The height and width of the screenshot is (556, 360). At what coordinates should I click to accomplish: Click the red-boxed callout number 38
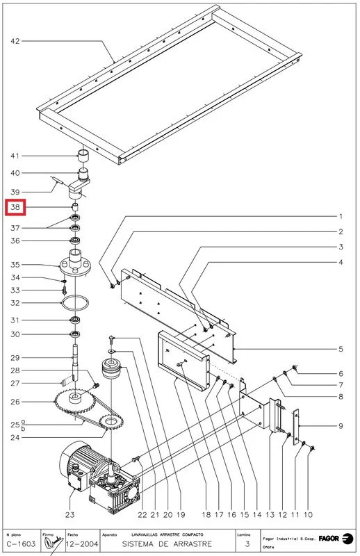pyautogui.click(x=15, y=207)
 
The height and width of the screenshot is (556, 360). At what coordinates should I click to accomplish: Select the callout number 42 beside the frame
pyautogui.click(x=15, y=42)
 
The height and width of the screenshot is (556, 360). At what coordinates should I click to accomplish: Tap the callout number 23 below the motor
pyautogui.click(x=69, y=515)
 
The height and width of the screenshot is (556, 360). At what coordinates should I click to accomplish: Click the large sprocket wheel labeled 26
pyautogui.click(x=74, y=402)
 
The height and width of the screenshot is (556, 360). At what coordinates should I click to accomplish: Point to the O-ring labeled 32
pyautogui.click(x=75, y=303)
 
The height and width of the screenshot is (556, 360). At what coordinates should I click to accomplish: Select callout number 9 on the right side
pyautogui.click(x=341, y=425)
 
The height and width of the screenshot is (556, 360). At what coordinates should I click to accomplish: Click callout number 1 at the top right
pyautogui.click(x=341, y=216)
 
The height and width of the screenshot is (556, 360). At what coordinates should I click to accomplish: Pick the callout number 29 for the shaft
pyautogui.click(x=15, y=357)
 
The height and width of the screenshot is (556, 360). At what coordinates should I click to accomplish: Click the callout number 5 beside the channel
pyautogui.click(x=341, y=348)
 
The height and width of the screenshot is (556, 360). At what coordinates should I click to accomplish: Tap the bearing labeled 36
pyautogui.click(x=74, y=241)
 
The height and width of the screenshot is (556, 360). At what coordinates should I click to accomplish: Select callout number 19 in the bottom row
pyautogui.click(x=180, y=515)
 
